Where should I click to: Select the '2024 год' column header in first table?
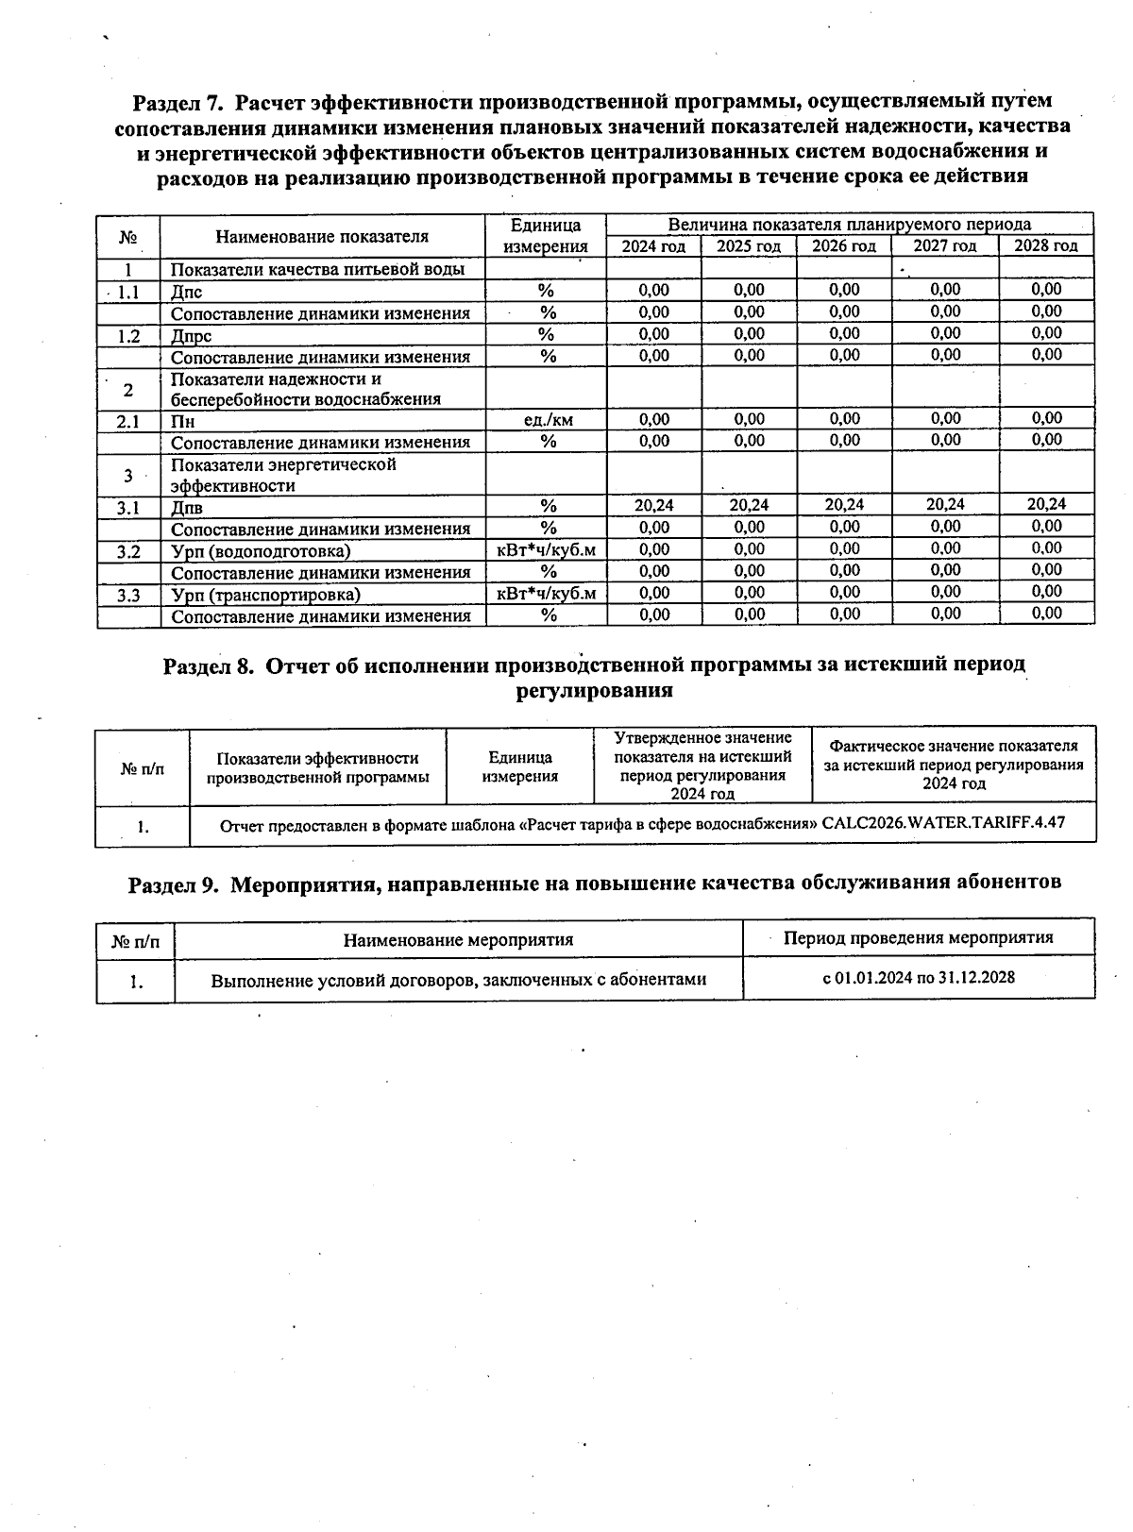[x=653, y=246]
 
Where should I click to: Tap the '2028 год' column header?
[x=1045, y=246]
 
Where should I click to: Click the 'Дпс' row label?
[x=186, y=292]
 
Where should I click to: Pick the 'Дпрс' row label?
[x=191, y=335]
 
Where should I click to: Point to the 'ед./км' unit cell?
[x=547, y=420]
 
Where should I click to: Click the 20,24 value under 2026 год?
[x=843, y=506]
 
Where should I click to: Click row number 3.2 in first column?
[x=128, y=551]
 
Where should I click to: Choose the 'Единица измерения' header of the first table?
[x=546, y=236]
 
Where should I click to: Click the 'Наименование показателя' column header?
[x=321, y=236]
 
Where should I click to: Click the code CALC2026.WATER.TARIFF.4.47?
[x=943, y=823]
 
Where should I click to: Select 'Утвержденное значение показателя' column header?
[x=702, y=766]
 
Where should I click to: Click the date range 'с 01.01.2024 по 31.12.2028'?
[x=918, y=978]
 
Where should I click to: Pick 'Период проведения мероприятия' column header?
[x=918, y=938]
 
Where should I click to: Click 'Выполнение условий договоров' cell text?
[x=458, y=981]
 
